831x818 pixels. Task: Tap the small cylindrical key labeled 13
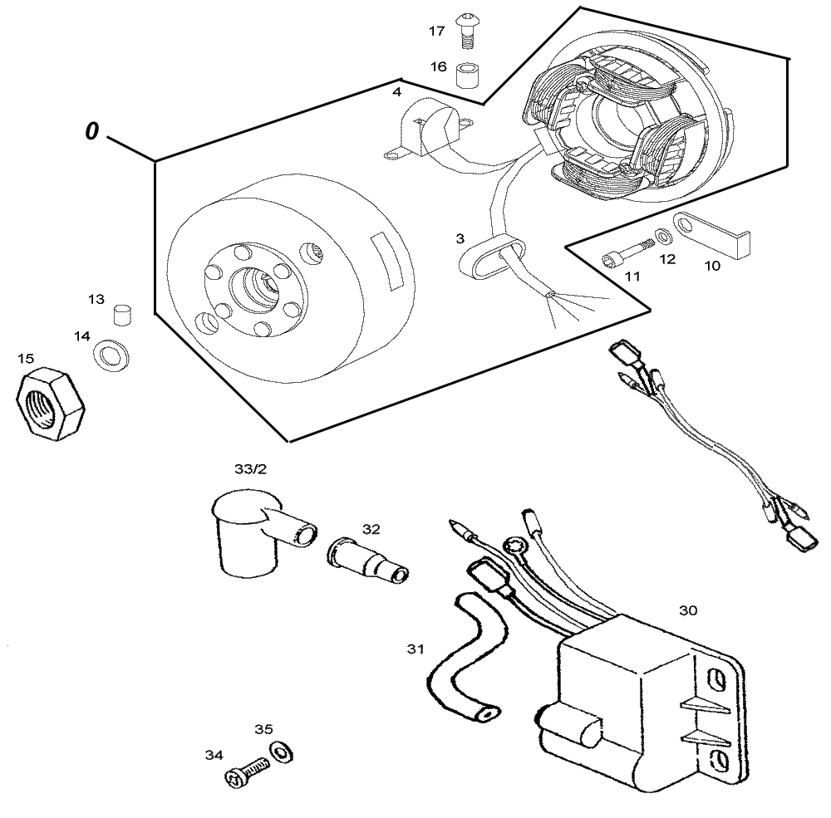pyautogui.click(x=123, y=316)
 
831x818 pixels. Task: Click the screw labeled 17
pyautogui.click(x=466, y=31)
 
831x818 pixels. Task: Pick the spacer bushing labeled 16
pyautogui.click(x=467, y=75)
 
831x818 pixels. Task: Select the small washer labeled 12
pyautogui.click(x=662, y=237)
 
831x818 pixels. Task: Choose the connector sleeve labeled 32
pyautogui.click(x=369, y=561)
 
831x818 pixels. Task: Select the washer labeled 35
pyautogui.click(x=282, y=752)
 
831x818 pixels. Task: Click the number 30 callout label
pyautogui.click(x=688, y=610)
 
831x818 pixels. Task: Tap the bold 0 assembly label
pyautogui.click(x=92, y=131)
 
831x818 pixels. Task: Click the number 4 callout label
pyautogui.click(x=396, y=92)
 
